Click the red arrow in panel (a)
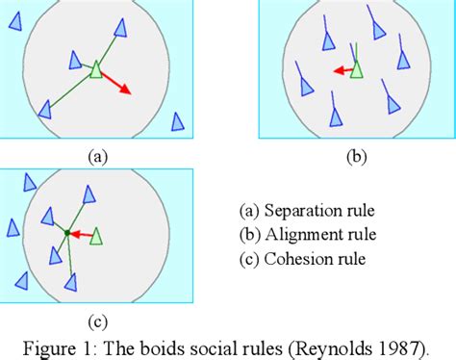click(117, 83)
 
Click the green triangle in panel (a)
click(95, 68)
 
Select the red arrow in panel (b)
click(341, 70)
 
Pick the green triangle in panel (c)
click(95, 235)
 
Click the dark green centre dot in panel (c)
click(66, 232)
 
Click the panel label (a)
click(96, 152)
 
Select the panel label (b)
click(358, 152)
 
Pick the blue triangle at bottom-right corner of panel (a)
click(176, 121)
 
